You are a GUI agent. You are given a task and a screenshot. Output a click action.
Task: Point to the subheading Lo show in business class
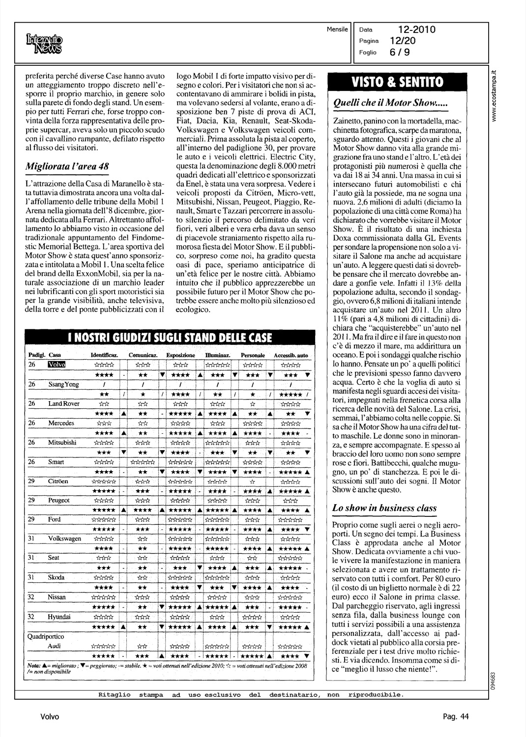pyautogui.click(x=384, y=508)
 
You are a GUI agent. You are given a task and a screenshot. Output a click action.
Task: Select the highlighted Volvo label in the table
pyautogui.click(x=56, y=364)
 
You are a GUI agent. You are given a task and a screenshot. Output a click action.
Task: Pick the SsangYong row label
pyautogui.click(x=63, y=385)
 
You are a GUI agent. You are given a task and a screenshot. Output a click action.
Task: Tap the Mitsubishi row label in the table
pyautogui.click(x=62, y=443)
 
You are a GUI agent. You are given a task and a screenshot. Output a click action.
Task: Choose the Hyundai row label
pyautogui.click(x=59, y=617)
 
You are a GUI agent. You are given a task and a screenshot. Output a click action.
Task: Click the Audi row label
pyautogui.click(x=55, y=646)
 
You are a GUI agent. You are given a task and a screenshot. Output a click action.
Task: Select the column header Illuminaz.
pyautogui.click(x=217, y=355)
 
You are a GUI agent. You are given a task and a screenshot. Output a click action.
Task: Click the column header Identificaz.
pyautogui.click(x=104, y=355)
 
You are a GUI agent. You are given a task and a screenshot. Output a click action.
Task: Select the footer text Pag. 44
pyautogui.click(x=456, y=717)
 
